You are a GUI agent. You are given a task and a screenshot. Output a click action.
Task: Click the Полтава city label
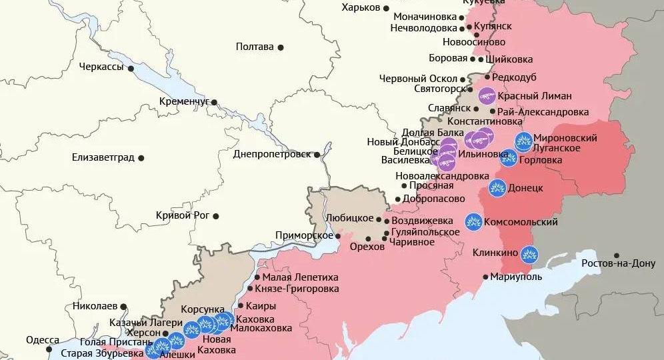click(255, 47)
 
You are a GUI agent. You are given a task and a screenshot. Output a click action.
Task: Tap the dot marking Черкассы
click(131, 68)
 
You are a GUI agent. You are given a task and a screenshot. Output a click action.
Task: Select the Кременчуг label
click(184, 101)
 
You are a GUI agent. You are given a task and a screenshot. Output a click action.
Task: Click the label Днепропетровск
click(272, 154)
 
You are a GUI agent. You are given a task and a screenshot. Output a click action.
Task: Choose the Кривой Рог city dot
click(216, 215)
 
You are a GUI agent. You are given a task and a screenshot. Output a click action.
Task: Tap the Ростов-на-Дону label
click(618, 263)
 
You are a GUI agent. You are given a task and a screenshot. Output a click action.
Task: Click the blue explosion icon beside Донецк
click(497, 189)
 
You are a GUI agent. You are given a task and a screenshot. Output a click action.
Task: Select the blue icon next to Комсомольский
click(473, 222)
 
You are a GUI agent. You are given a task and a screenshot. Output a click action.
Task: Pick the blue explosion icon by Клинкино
click(529, 253)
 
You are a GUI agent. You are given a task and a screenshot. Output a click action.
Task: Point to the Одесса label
click(43, 340)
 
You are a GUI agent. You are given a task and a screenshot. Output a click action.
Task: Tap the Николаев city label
click(91, 307)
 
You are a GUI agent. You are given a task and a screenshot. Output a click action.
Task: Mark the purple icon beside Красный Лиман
click(487, 96)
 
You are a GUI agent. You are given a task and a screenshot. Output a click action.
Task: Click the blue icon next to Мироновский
click(523, 141)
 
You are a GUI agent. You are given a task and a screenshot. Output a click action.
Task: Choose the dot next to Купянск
click(469, 27)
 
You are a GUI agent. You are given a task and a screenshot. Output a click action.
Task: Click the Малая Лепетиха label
click(300, 277)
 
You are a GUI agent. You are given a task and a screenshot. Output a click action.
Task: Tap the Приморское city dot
click(338, 235)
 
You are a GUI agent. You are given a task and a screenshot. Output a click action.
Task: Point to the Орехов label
click(367, 247)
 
